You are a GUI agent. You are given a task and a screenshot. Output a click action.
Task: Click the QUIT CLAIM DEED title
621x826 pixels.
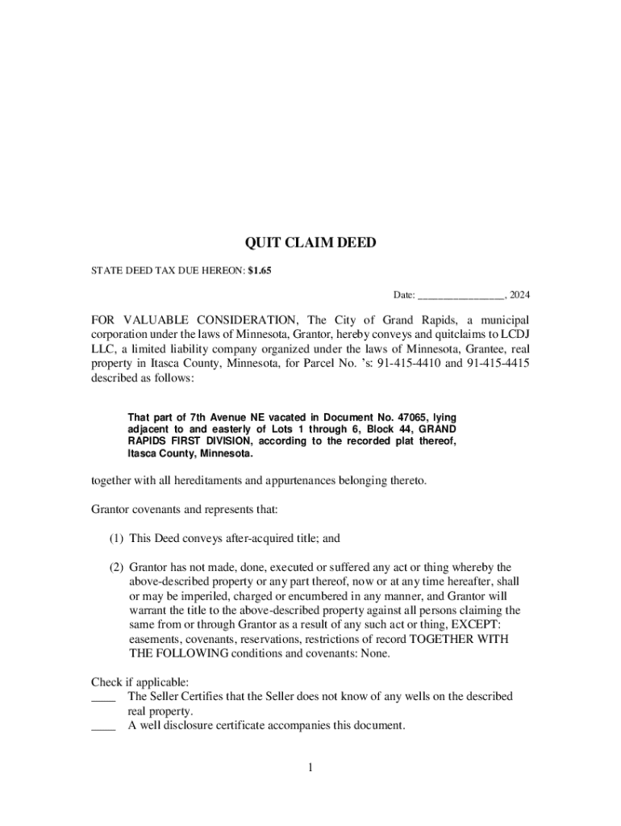click(x=310, y=243)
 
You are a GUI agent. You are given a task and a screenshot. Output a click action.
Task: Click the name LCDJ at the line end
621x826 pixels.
click(x=516, y=334)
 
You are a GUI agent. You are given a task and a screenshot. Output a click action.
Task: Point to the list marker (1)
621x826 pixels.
click(x=116, y=538)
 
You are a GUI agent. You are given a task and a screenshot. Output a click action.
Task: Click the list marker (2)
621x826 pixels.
click(x=116, y=567)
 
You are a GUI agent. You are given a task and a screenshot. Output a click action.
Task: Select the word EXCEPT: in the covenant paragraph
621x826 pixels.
click(x=477, y=624)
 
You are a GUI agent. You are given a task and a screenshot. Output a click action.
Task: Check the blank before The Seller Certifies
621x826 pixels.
click(x=103, y=696)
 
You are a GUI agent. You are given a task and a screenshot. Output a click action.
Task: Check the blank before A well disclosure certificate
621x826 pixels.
click(x=103, y=725)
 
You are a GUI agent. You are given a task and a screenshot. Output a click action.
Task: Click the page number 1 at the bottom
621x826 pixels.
click(x=310, y=767)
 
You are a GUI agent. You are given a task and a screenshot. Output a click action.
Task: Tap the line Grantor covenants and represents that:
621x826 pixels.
click(x=185, y=510)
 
